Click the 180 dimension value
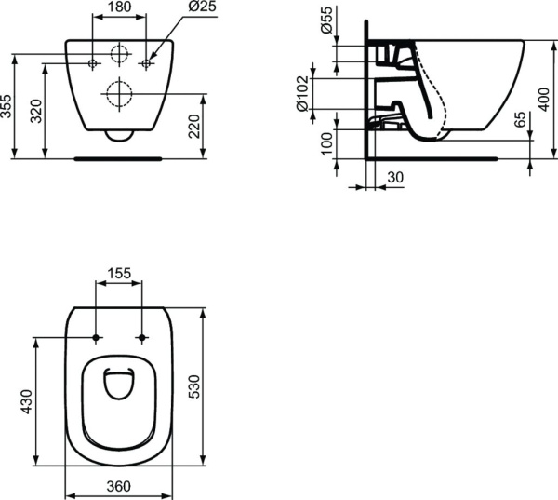119,7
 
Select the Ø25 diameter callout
203,7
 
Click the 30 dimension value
394,178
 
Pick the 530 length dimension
193,385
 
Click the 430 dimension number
27,401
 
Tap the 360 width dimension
118,486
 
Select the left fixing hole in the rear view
93,63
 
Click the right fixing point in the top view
141,336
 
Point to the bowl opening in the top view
118,384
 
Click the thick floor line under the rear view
118,158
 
